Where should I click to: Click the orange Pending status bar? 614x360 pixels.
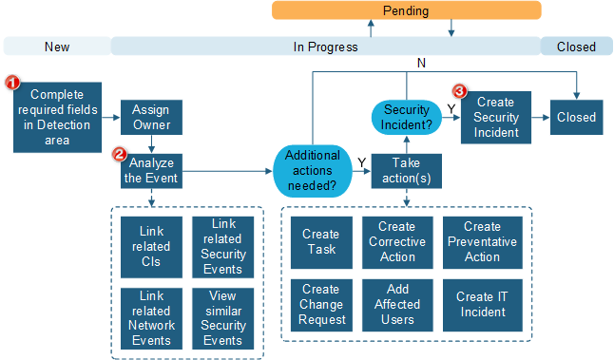(406, 10)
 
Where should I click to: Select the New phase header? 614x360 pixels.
(57, 47)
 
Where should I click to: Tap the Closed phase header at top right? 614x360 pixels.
(576, 47)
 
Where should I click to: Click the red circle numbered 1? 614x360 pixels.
(13, 83)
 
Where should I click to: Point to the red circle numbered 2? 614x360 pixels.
(119, 153)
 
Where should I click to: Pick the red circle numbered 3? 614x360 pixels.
(460, 91)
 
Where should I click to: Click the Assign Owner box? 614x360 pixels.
(150, 117)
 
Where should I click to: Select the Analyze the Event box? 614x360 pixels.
(150, 170)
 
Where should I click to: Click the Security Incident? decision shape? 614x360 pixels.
(407, 118)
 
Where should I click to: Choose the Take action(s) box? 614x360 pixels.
(407, 171)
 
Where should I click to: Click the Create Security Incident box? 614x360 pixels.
(495, 118)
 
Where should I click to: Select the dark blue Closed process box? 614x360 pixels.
(576, 118)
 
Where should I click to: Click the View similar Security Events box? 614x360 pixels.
(222, 318)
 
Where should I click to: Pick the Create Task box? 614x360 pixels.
(320, 242)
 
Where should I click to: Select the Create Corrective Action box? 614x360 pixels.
(397, 242)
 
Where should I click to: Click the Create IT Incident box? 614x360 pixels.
(482, 305)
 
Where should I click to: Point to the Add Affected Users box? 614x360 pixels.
(397, 305)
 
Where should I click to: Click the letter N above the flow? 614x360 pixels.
(420, 63)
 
